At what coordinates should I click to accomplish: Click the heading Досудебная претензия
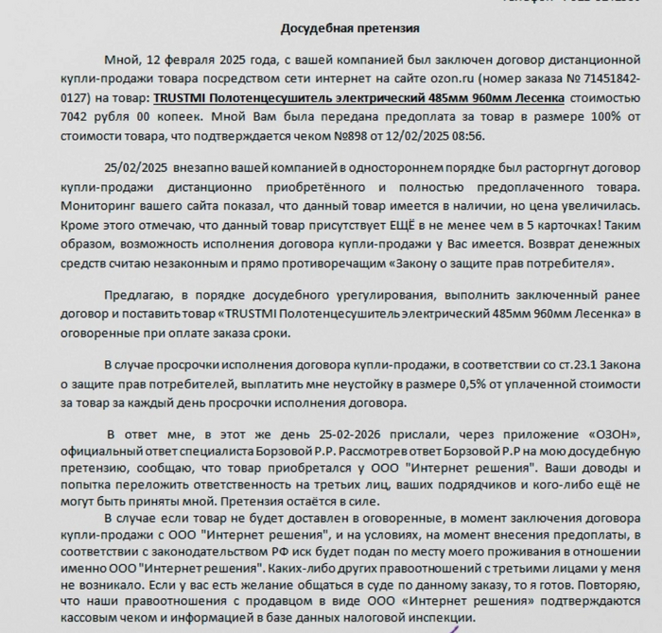coord(338,29)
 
